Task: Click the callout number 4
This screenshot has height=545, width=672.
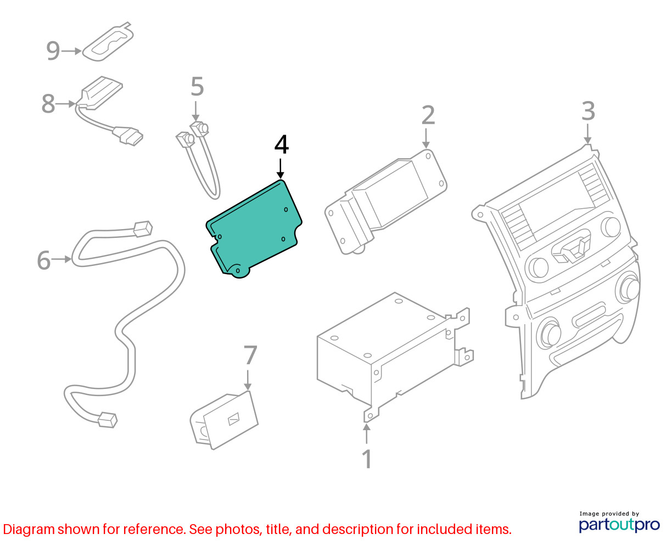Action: click(281, 144)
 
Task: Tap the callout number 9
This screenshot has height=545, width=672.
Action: click(53, 51)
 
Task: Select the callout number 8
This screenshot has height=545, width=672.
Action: click(48, 104)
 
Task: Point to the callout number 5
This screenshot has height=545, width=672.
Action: click(197, 86)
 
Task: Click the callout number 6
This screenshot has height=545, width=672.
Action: click(43, 260)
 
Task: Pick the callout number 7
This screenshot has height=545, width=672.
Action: click(250, 355)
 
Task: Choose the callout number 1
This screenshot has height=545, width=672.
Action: click(367, 459)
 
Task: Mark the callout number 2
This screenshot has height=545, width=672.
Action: click(428, 115)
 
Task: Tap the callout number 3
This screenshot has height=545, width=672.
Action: click(589, 111)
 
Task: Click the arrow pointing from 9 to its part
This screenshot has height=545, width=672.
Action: click(71, 51)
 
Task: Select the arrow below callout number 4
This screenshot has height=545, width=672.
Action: click(280, 169)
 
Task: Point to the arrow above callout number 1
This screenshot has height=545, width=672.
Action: click(366, 434)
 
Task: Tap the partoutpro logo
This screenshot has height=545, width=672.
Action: click(619, 523)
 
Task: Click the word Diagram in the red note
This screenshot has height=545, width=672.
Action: click(29, 530)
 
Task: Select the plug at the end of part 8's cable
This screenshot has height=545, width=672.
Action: click(128, 136)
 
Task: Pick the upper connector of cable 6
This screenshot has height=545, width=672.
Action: click(143, 229)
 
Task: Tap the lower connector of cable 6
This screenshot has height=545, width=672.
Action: click(108, 420)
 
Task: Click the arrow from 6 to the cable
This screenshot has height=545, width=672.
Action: click(61, 259)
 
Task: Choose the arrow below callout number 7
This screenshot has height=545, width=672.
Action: click(248, 380)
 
